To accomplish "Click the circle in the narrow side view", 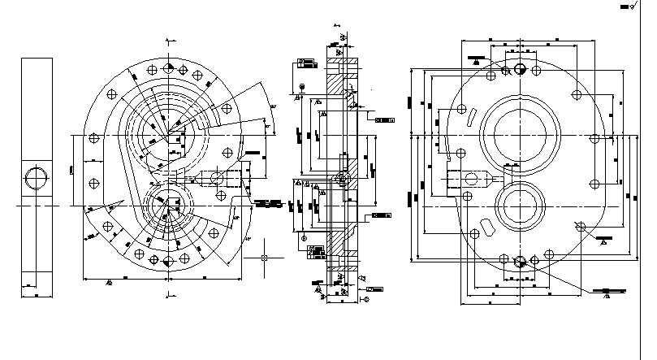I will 36,177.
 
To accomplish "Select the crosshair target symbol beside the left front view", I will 266,258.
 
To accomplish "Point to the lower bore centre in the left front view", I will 167,205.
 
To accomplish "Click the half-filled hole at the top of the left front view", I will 167,67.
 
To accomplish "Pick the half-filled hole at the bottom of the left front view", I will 167,261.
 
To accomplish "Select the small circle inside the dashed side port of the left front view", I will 217,176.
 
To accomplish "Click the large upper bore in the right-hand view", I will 520,135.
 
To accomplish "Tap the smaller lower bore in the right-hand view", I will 520,205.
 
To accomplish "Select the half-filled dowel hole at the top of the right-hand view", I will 521,67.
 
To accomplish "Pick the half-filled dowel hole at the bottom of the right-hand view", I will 521,261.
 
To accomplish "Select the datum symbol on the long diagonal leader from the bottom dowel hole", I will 606,295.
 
